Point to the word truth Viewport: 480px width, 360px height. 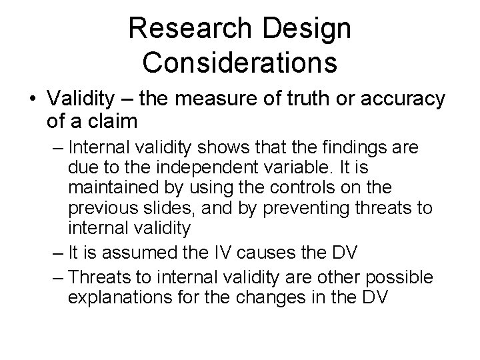307,99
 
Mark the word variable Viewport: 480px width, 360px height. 272,167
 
